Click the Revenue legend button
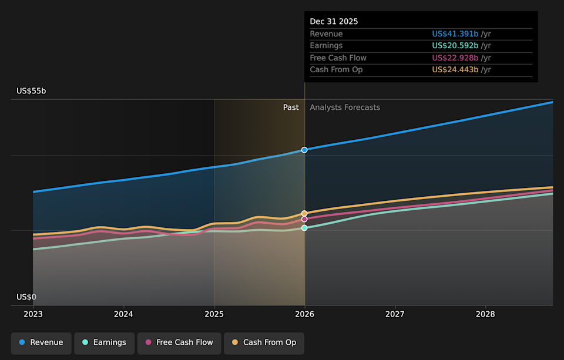[x=41, y=342]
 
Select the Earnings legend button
[x=105, y=342]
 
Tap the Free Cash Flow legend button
[x=179, y=342]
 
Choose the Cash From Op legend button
[x=264, y=342]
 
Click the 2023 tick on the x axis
[x=33, y=314]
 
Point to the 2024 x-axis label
[x=123, y=314]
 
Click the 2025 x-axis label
[x=214, y=314]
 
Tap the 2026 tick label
[x=304, y=314]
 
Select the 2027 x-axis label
[x=395, y=314]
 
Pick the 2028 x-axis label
[x=485, y=314]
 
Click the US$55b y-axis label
[x=31, y=91]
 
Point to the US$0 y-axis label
[x=26, y=297]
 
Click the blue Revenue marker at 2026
[x=304, y=150]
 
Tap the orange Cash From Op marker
[x=304, y=213]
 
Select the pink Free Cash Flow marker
[x=304, y=219]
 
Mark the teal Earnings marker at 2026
[x=304, y=228]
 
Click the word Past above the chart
[x=291, y=107]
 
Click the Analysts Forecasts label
[x=345, y=107]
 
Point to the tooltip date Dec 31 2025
[x=334, y=22]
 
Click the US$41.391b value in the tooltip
[x=455, y=34]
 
